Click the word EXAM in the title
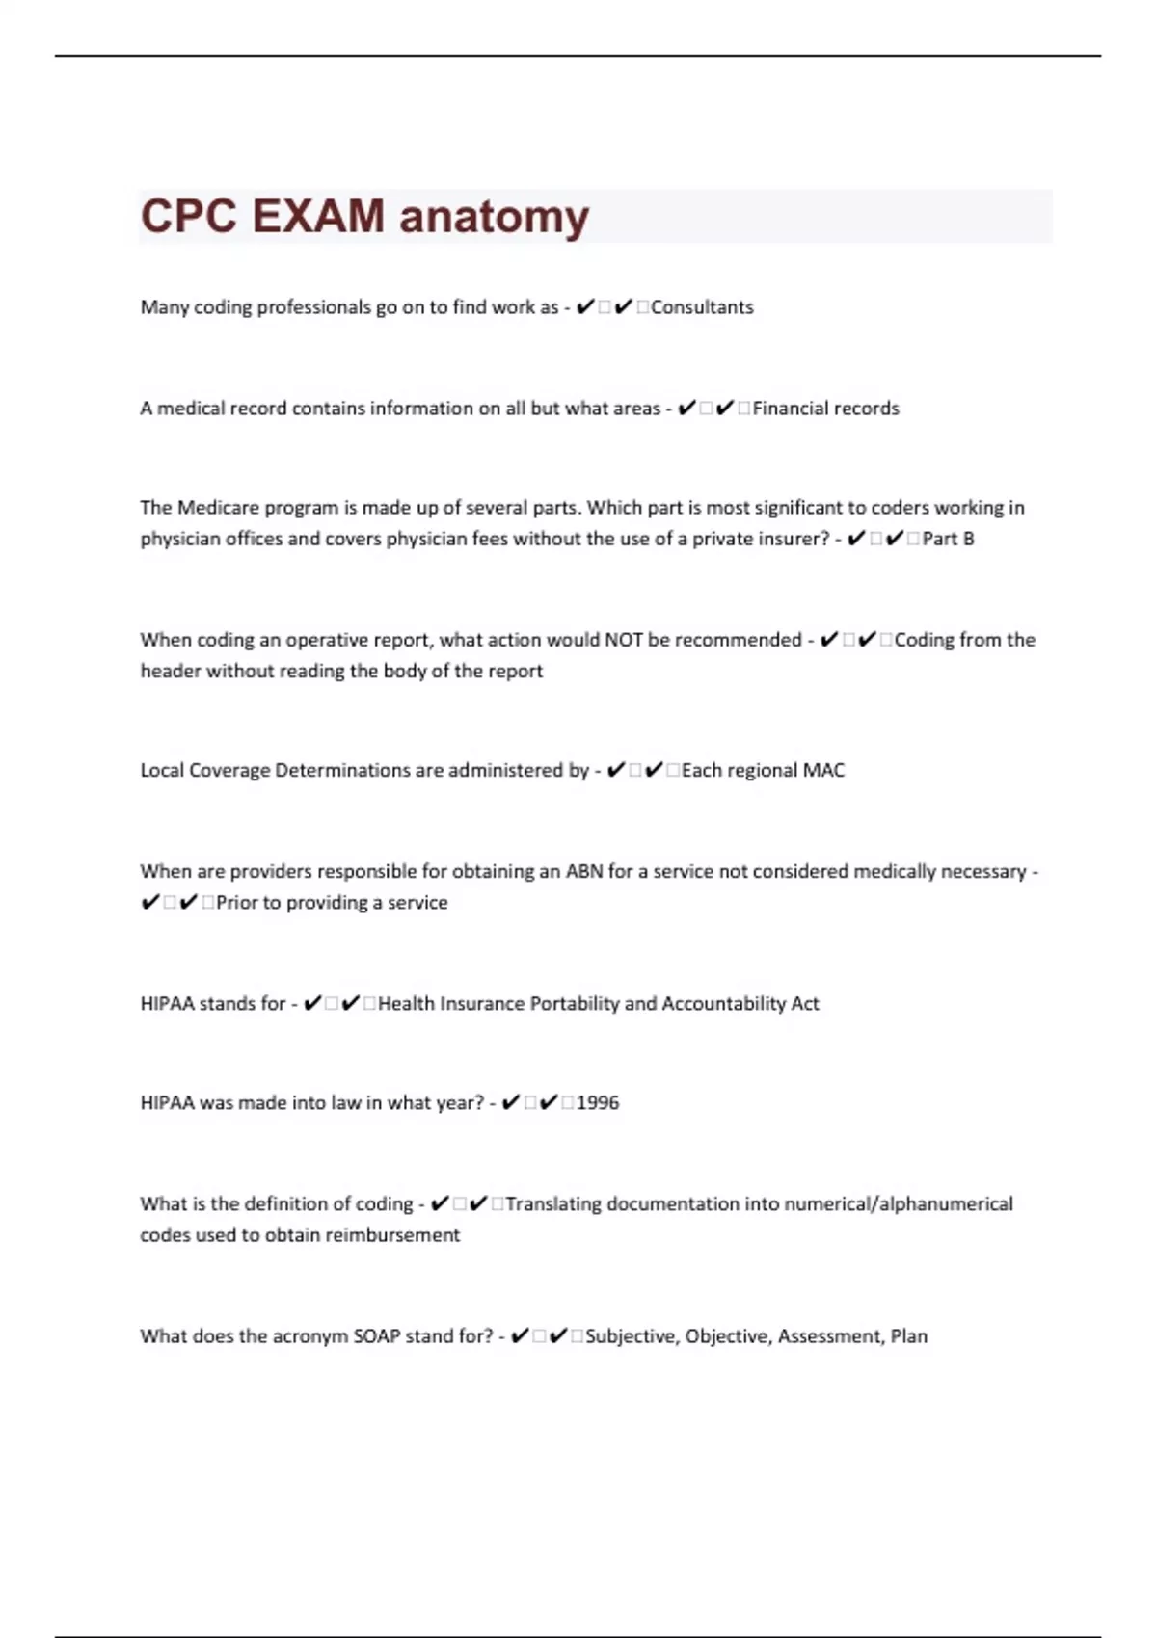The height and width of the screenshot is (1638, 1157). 318,216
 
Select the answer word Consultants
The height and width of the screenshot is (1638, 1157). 702,307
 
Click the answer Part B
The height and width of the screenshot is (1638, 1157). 948,539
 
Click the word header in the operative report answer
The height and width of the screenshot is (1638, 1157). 171,671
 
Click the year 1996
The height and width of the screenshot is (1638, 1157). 598,1103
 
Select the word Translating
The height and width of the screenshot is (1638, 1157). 553,1204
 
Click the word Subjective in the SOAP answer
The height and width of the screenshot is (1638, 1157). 631,1336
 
